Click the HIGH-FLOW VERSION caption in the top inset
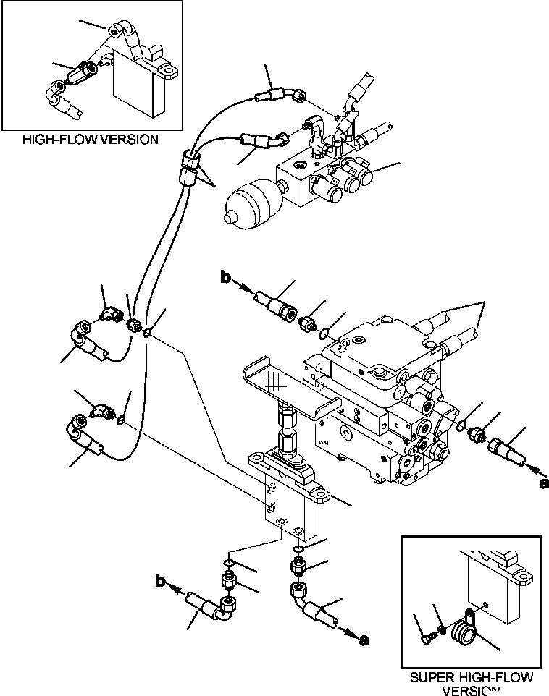pyautogui.click(x=91, y=139)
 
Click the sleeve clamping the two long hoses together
pyautogui.click(x=189, y=169)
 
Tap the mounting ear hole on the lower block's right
pyautogui.click(x=319, y=496)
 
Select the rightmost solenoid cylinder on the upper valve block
pyautogui.click(x=361, y=177)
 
